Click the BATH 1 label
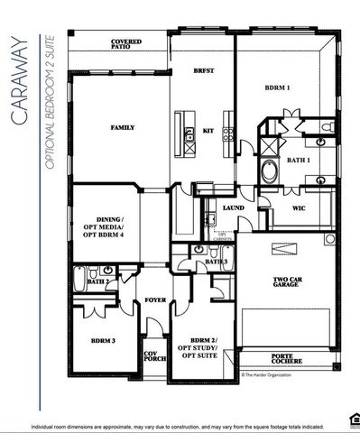298,160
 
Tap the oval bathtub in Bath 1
268,172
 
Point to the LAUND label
234,208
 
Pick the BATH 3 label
216,261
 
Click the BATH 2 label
98,281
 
